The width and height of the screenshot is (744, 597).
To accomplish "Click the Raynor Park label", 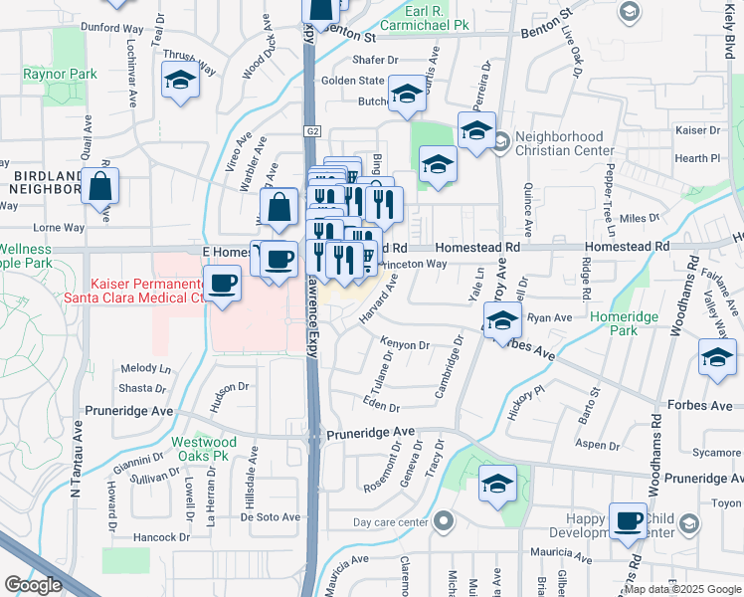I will [61, 74].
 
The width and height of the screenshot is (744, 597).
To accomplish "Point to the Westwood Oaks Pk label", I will [203, 449].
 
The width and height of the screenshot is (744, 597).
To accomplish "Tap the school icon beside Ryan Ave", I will [503, 320].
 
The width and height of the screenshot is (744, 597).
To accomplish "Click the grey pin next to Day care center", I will [445, 520].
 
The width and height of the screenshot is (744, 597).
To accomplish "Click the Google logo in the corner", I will [33, 585].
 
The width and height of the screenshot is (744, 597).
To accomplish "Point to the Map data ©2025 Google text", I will [682, 589].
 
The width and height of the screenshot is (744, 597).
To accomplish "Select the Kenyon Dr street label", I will [403, 345].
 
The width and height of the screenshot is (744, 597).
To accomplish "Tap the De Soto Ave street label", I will [271, 516].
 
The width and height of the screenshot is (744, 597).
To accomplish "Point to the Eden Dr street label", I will [382, 407].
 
